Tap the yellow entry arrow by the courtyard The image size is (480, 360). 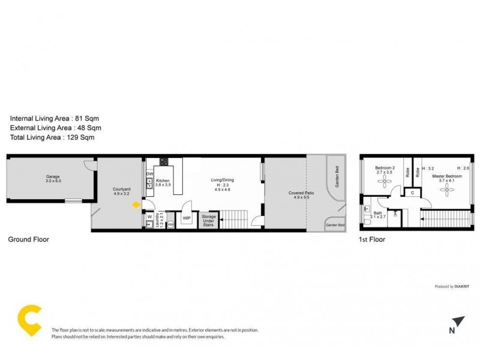click(137, 205)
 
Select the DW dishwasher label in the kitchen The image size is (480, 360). click(149, 175)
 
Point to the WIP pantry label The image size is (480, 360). click(186, 218)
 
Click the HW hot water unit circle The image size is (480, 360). click(170, 224)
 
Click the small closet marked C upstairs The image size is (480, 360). click(412, 193)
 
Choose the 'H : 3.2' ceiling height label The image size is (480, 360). click(428, 169)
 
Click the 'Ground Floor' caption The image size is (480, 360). click(28, 239)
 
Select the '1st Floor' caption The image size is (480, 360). click(373, 239)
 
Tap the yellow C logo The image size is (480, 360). click(29, 320)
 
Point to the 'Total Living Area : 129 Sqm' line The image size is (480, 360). click(52, 137)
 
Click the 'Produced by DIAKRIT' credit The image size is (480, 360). click(452, 287)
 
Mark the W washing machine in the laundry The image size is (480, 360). click(149, 218)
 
